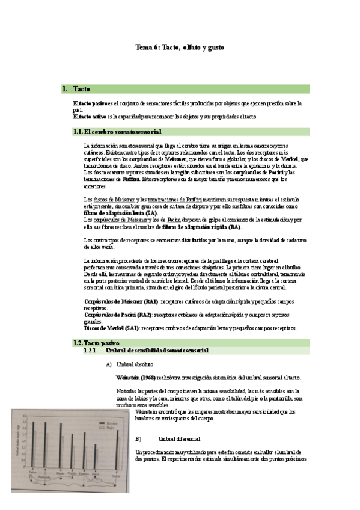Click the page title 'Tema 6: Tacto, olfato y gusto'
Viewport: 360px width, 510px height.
pos(180,46)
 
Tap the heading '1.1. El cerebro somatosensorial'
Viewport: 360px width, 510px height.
pos(117,131)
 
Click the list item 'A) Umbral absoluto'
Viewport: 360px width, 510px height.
pos(129,364)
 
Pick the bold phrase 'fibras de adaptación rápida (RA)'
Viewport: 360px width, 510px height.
pos(193,227)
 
